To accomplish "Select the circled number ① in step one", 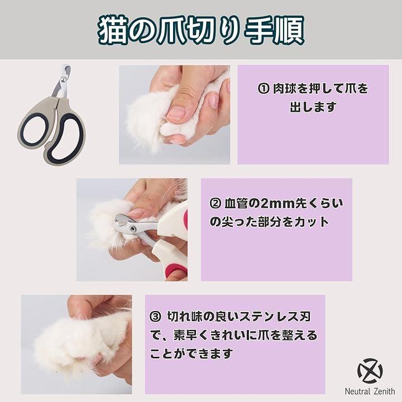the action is point(263,89).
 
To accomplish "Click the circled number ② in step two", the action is point(216,204).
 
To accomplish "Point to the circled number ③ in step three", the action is point(156,317).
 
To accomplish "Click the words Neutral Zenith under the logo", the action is point(370,391).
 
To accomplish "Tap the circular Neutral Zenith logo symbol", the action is point(370,371).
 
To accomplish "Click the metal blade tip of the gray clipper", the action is point(67,70).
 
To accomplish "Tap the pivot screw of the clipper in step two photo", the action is point(133,228).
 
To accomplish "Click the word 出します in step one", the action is point(313,107).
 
